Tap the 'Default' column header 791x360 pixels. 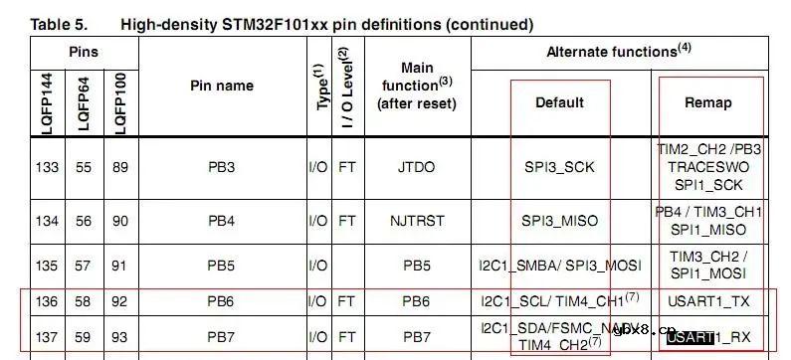[559, 102]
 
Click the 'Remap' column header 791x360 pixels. [708, 102]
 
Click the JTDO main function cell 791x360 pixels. [417, 167]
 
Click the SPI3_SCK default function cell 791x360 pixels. [559, 167]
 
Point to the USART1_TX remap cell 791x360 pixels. [709, 300]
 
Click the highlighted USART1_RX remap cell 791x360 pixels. [709, 336]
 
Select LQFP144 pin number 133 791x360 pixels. [48, 167]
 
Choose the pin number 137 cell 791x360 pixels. [48, 336]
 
